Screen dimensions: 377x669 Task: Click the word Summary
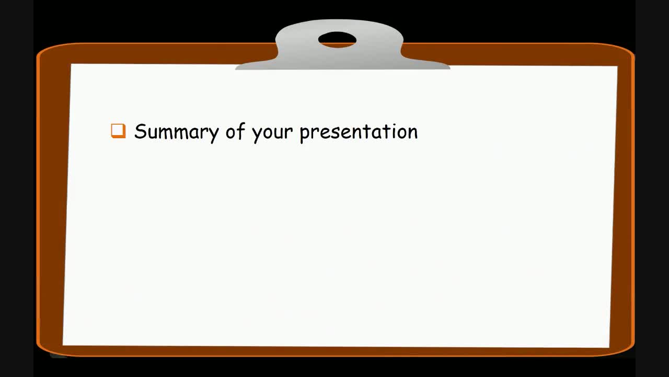(176, 131)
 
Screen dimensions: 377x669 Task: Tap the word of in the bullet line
(234, 131)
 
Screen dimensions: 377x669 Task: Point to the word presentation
(359, 132)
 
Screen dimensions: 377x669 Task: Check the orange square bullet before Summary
(119, 131)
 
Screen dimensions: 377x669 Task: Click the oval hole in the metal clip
(337, 39)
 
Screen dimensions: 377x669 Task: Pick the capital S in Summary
(140, 131)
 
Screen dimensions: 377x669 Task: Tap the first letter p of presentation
(304, 134)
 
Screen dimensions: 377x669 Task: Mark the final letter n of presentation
(412, 133)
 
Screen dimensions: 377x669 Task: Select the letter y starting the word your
(256, 135)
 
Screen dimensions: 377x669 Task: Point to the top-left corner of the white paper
(72, 65)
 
